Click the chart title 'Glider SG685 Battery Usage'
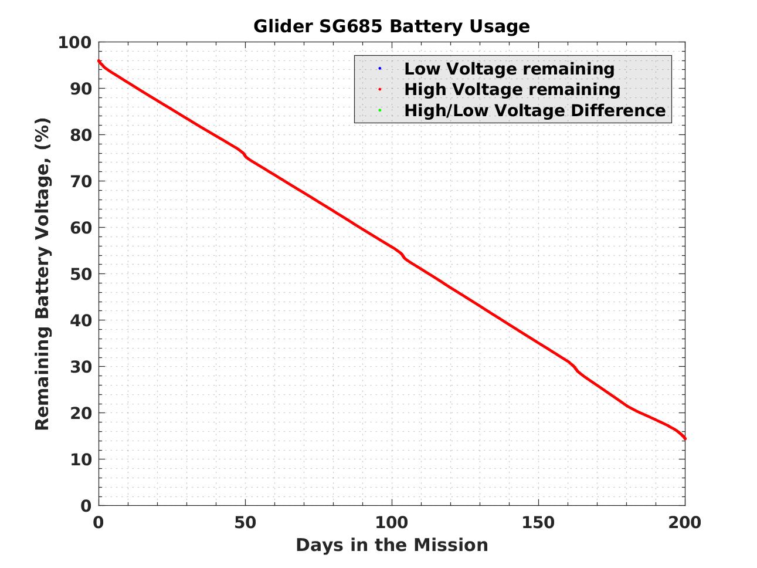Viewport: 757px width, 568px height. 391,26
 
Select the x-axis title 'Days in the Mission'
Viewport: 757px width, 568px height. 391,545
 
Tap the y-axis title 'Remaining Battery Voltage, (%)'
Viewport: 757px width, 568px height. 42,274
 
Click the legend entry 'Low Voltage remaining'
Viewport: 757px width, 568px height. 509,69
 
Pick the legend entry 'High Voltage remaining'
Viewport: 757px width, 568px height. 512,89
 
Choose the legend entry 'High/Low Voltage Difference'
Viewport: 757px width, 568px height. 535,110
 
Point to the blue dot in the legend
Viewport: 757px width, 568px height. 379,69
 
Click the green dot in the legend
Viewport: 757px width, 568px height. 379,110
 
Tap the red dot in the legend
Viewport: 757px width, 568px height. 379,89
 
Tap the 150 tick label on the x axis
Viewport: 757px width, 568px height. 538,522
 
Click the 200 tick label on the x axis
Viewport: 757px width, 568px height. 685,522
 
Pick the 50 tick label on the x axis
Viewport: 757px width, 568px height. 245,522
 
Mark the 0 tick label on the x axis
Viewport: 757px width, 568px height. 99,522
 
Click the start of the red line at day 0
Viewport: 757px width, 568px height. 99,61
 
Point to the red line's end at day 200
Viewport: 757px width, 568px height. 684,438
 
